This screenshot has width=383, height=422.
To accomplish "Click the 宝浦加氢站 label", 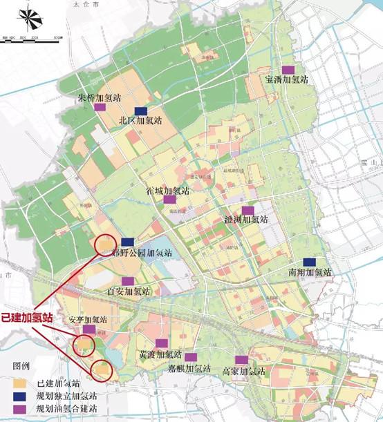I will (x=286, y=79).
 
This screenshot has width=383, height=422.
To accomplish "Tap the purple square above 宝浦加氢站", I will (x=287, y=69).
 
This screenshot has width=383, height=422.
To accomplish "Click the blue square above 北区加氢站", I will (x=141, y=111).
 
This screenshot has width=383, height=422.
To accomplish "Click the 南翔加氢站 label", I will (x=310, y=273).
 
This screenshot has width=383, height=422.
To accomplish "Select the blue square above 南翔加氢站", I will (x=309, y=262).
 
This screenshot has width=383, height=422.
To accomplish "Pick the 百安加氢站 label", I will (x=129, y=291).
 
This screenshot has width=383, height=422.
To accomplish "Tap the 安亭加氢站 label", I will (x=88, y=320).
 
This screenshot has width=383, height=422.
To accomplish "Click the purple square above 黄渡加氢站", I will (x=161, y=343).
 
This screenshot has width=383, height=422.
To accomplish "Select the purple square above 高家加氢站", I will (x=241, y=360).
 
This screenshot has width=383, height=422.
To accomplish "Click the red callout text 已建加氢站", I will (x=25, y=318).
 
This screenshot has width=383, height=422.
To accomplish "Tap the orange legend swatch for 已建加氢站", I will (x=20, y=382).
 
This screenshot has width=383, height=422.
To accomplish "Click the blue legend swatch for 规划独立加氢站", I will (x=20, y=396).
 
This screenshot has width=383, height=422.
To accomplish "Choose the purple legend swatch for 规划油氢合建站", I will (x=20, y=410).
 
